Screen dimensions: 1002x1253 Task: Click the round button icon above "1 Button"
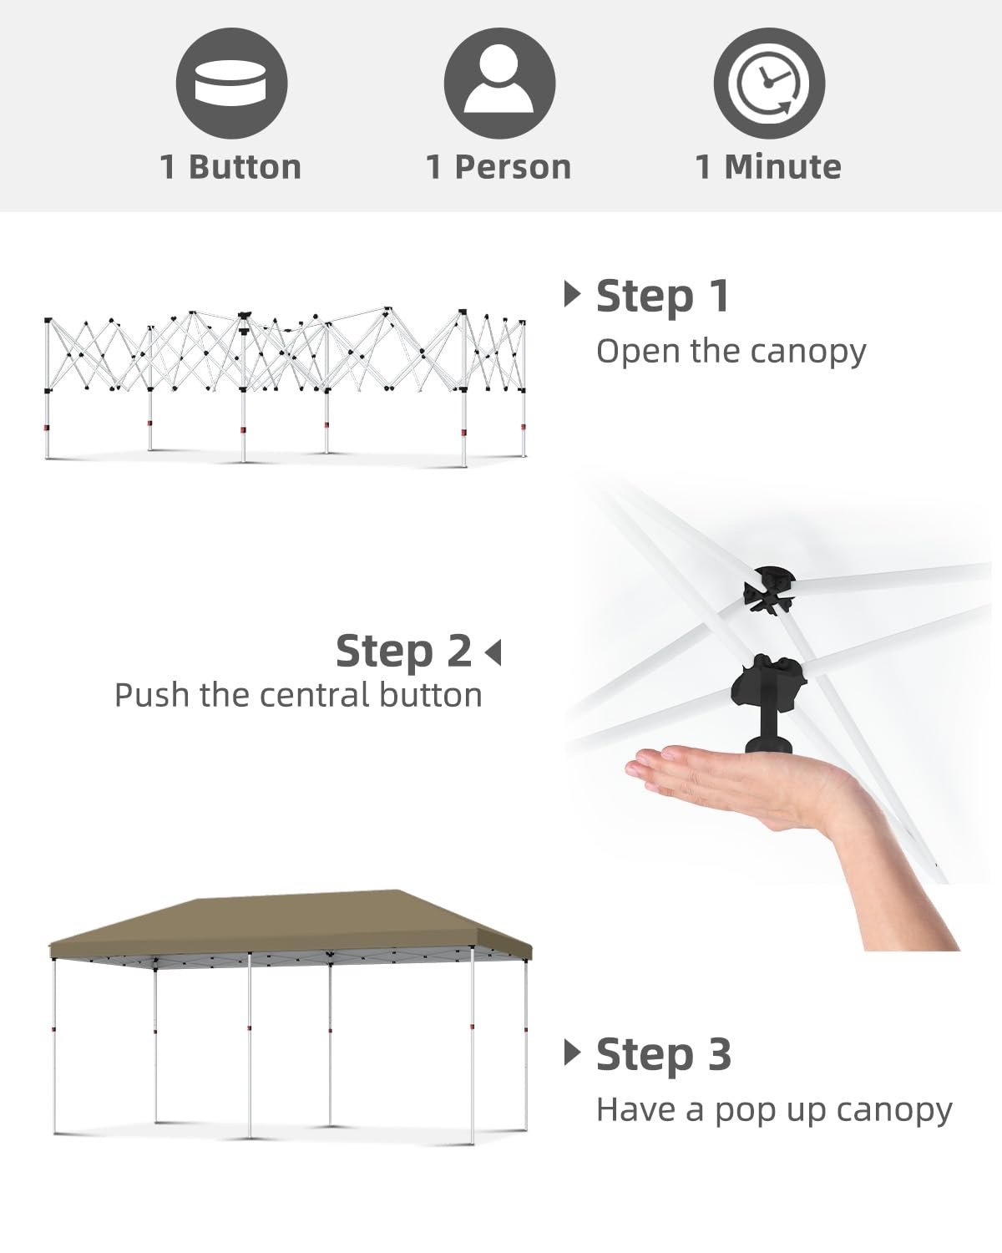click(x=232, y=84)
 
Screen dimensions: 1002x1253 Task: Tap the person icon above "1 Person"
click(x=499, y=84)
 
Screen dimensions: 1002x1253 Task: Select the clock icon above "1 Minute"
click(x=769, y=84)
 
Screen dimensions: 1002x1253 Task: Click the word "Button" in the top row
click(x=245, y=167)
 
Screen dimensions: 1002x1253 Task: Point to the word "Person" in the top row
click(x=513, y=167)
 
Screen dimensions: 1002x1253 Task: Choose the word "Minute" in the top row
click(x=782, y=167)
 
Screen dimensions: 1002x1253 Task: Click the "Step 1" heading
click(x=662, y=297)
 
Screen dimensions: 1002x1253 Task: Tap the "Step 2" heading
click(x=403, y=652)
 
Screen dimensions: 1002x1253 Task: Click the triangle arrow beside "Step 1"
click(x=572, y=295)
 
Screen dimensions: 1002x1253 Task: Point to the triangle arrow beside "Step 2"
click(x=493, y=652)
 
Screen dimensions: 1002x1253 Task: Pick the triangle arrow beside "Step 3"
click(x=572, y=1053)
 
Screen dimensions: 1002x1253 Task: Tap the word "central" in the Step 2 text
click(x=315, y=696)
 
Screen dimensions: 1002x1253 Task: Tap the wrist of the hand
click(x=868, y=839)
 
